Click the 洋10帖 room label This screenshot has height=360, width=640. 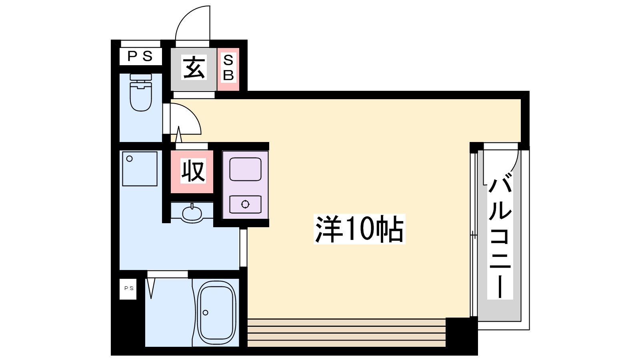click(360, 229)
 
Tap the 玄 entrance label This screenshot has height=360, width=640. click(194, 68)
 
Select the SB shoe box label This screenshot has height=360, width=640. click(228, 68)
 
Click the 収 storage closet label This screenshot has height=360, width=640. click(193, 171)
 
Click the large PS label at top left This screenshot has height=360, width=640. click(140, 56)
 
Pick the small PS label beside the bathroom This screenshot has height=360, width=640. click(128, 288)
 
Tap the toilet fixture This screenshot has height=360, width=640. click(140, 92)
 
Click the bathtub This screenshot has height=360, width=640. click(216, 313)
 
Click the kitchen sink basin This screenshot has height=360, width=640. click(246, 170)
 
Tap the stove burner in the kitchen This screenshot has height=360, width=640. click(246, 204)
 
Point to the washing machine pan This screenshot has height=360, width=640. click(140, 169)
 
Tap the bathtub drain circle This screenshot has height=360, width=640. click(206, 312)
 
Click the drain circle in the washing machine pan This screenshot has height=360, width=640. click(130, 158)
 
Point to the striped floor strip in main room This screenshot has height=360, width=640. click(346, 332)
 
